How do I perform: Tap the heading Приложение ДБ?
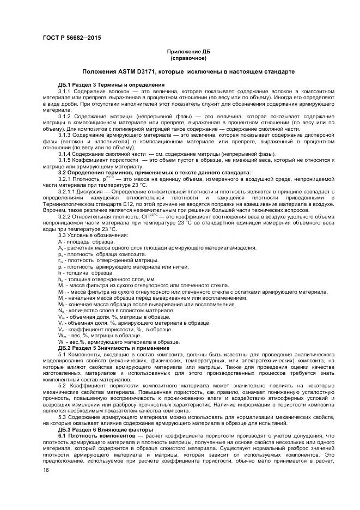coord(188,51)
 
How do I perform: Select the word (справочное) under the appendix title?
coord(188,57)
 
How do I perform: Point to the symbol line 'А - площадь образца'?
coord(82,241)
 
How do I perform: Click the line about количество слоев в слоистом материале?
coord(108,310)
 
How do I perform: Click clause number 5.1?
coord(62,355)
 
